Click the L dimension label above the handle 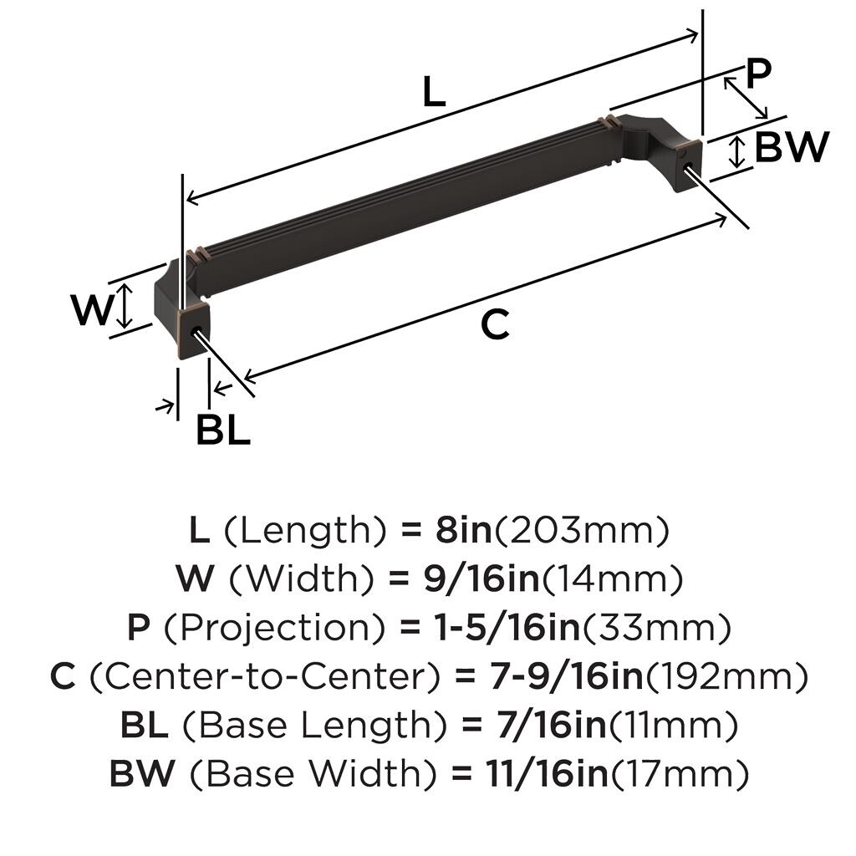pyautogui.click(x=434, y=91)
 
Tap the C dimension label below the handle pyautogui.click(x=495, y=324)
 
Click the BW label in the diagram pyautogui.click(x=792, y=147)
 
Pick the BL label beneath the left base pyautogui.click(x=223, y=430)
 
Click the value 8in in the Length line pyautogui.click(x=463, y=530)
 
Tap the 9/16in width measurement pyautogui.click(x=481, y=578)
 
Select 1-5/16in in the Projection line pyautogui.click(x=507, y=628)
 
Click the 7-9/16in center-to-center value pyautogui.click(x=567, y=676)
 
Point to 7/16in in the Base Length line pyautogui.click(x=552, y=725)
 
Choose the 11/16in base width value pyautogui.click(x=547, y=773)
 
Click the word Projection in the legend pyautogui.click(x=274, y=629)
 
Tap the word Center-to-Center pyautogui.click(x=264, y=677)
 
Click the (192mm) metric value pyautogui.click(x=727, y=677)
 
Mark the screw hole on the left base pyautogui.click(x=196, y=332)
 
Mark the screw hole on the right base pyautogui.click(x=686, y=165)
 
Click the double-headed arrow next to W pyautogui.click(x=125, y=306)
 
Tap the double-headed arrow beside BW pyautogui.click(x=737, y=152)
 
